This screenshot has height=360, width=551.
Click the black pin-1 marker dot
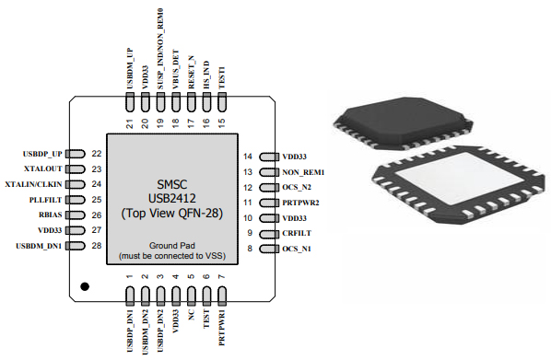[86, 287]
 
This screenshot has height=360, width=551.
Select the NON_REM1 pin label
[305, 172]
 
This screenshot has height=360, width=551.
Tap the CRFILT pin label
[299, 233]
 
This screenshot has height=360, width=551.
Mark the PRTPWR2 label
[303, 203]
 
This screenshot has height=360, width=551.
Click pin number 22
[96, 154]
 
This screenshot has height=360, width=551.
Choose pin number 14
[248, 157]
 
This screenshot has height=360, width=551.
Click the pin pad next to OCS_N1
[265, 249]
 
